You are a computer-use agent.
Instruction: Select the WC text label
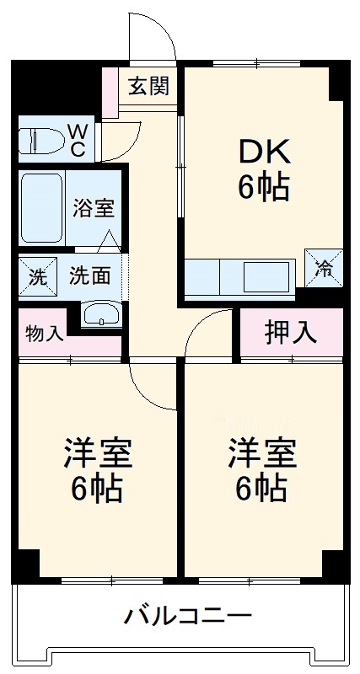(76, 140)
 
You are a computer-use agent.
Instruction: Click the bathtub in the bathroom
(40, 207)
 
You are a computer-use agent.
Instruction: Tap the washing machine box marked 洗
(36, 276)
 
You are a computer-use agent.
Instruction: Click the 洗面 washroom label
(88, 276)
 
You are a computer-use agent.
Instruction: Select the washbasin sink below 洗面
(102, 314)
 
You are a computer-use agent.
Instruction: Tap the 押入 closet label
(291, 332)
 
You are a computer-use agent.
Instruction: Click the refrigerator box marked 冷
(324, 267)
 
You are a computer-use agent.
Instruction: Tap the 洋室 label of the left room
(97, 456)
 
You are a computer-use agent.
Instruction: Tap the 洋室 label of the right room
(262, 456)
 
